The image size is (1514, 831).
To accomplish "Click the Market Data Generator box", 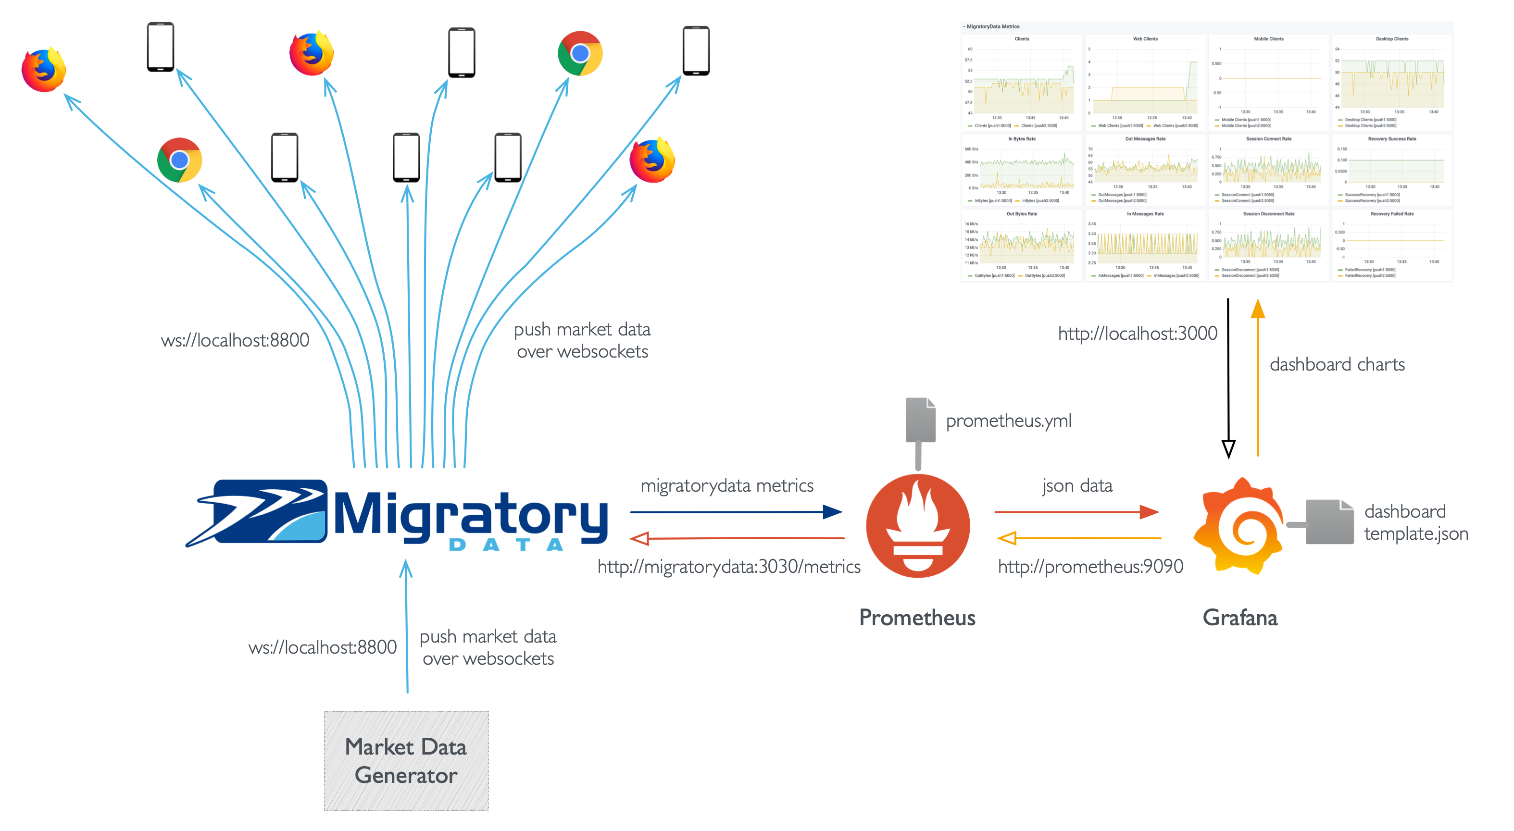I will [406, 760].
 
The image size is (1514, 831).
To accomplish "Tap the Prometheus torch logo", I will [917, 525].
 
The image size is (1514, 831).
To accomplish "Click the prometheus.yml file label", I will [1009, 421].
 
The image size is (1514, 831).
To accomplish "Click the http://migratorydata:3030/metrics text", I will [729, 567].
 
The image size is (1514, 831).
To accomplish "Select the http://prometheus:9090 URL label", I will [1090, 567].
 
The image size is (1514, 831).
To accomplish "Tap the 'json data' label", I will [1077, 486].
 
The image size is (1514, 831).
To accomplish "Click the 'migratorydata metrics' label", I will [727, 486].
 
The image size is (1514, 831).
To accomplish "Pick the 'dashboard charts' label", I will [1337, 365].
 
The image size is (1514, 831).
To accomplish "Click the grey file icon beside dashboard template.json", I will [1329, 522].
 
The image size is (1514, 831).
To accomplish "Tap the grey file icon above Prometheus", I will [920, 420].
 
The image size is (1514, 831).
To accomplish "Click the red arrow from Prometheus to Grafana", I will [1076, 512].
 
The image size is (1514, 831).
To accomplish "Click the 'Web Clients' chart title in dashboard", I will [1145, 39].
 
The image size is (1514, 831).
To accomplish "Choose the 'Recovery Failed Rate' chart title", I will [1392, 214].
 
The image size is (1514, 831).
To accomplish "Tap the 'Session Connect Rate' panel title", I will [1268, 139].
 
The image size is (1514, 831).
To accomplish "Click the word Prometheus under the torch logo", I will [917, 618].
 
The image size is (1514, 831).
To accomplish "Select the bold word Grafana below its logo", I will [1239, 618].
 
